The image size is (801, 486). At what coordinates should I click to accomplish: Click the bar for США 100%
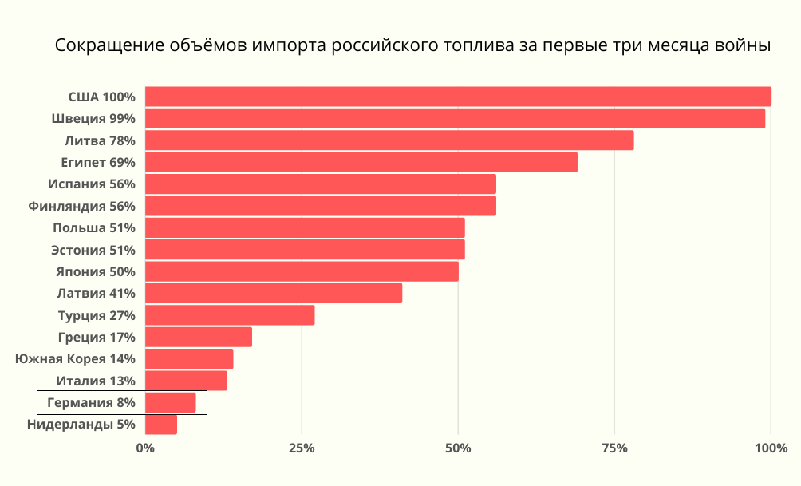click(458, 97)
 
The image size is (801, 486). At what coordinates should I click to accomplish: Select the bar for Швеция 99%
click(455, 118)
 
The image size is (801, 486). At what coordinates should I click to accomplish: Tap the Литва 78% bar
click(389, 140)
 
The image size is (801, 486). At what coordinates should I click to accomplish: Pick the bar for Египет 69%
click(361, 162)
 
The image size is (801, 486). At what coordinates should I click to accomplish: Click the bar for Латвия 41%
click(273, 293)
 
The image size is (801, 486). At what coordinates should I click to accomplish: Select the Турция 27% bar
click(230, 315)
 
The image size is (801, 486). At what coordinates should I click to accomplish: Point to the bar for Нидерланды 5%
click(160, 425)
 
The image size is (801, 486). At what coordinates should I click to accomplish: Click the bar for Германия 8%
click(170, 403)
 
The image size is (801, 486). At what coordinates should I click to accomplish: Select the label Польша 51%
click(93, 228)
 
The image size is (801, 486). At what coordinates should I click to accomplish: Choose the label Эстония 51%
click(93, 250)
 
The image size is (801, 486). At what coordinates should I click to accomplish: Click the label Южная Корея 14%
click(75, 359)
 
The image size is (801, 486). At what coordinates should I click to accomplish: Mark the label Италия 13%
click(95, 381)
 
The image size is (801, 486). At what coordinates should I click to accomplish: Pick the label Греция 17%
click(97, 337)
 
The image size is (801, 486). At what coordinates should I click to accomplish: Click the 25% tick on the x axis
click(302, 448)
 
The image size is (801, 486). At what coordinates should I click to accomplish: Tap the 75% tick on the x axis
click(614, 448)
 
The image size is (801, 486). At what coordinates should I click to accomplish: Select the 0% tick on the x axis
click(145, 448)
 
